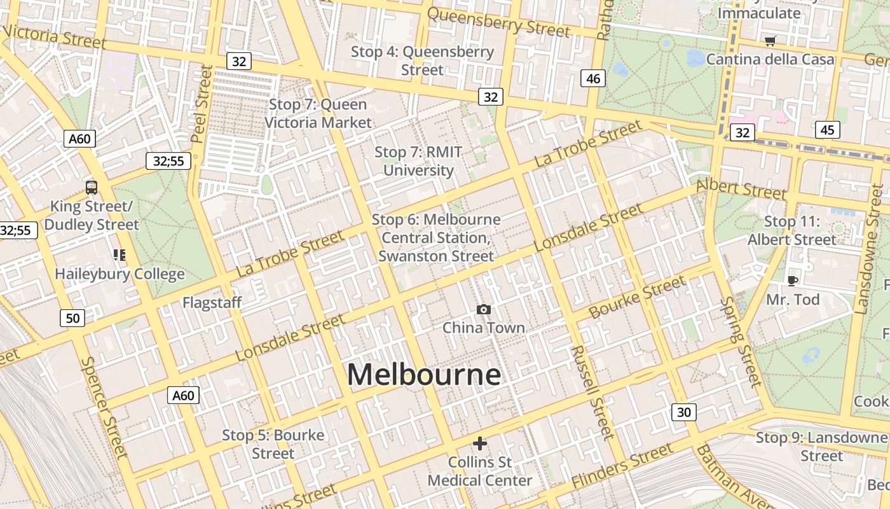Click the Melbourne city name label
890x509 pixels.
[424, 375]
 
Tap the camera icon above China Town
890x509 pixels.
[484, 310]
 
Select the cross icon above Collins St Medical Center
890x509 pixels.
[480, 443]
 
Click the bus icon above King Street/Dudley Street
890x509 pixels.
[92, 188]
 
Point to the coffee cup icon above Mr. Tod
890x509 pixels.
[792, 281]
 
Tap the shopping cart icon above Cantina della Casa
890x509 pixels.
[770, 41]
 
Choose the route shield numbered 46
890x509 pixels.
[592, 78]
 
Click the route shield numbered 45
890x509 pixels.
[827, 130]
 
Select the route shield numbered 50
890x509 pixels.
[73, 317]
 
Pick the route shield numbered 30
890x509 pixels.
[683, 412]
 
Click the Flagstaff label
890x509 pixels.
[212, 302]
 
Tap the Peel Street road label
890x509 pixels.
[201, 104]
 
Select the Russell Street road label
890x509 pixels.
[592, 392]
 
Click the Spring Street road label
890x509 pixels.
[741, 342]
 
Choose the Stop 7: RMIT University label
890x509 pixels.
[418, 161]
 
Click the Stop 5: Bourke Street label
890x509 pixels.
[273, 444]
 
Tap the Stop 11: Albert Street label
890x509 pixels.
[791, 230]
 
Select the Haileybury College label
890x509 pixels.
[120, 274]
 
